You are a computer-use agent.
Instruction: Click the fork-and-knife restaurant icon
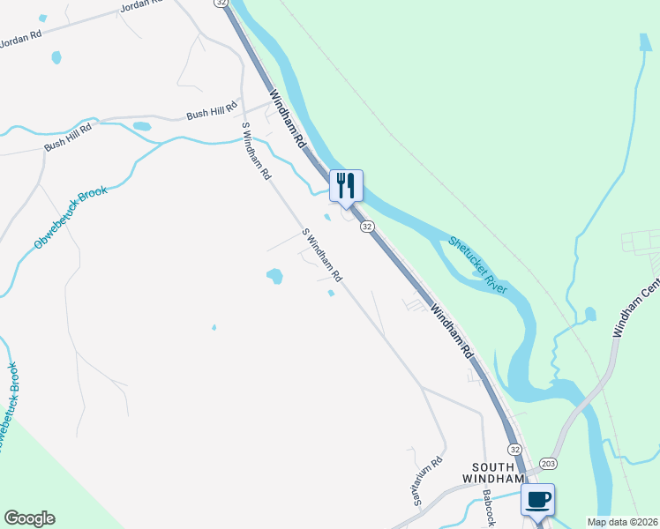(x=346, y=185)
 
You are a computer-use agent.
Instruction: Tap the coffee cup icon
(x=537, y=500)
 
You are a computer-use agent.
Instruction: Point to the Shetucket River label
(x=477, y=264)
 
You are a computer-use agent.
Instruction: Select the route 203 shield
(x=548, y=463)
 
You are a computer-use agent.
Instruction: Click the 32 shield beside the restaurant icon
(x=367, y=227)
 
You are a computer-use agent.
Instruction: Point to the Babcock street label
(x=490, y=508)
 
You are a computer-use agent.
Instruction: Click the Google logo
(x=30, y=518)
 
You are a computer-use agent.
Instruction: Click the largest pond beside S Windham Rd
(x=274, y=277)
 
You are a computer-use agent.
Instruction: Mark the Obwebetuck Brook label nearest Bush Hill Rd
(x=70, y=216)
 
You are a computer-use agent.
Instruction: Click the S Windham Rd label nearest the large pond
(x=321, y=256)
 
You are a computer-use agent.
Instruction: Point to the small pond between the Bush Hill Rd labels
(x=141, y=126)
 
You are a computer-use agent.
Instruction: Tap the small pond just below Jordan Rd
(x=57, y=57)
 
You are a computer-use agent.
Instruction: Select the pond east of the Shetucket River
(x=589, y=314)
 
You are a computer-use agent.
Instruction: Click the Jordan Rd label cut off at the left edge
(x=21, y=39)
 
